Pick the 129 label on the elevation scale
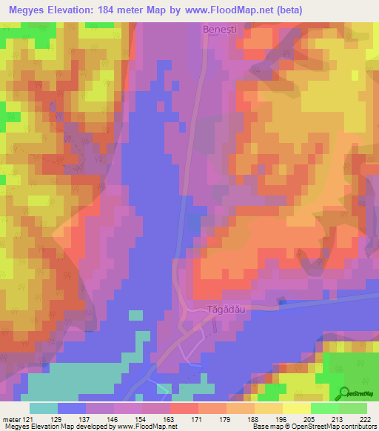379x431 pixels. click(x=71, y=418)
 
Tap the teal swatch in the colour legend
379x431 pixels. click(x=44, y=408)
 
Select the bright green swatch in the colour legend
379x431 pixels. click(x=324, y=408)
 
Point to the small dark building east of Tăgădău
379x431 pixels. click(x=281, y=301)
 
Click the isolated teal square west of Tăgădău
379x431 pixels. click(x=136, y=315)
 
